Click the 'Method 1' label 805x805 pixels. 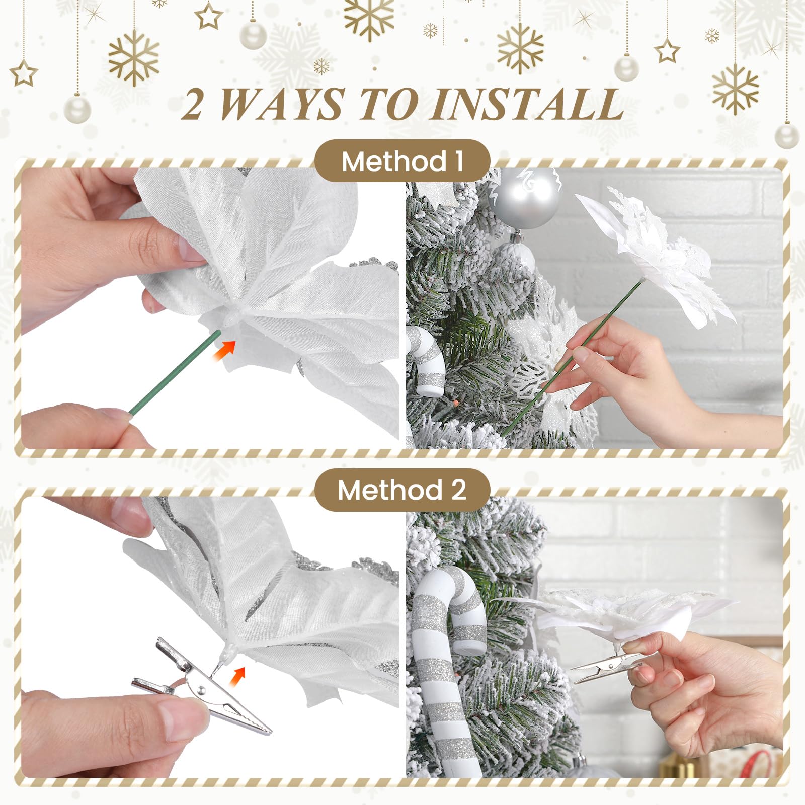402,162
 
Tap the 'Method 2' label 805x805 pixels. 402,490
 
